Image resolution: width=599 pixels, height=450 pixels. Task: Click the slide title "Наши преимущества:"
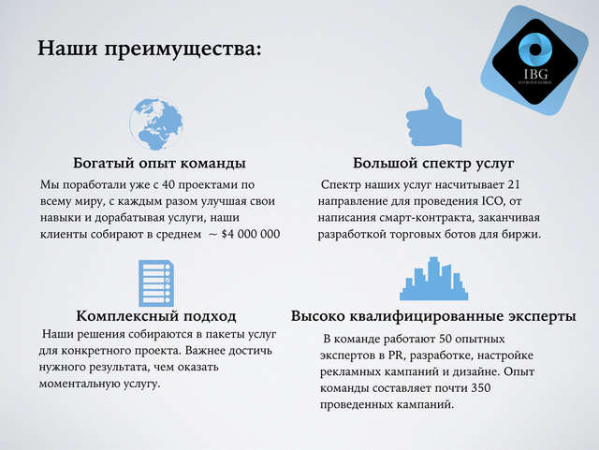150,49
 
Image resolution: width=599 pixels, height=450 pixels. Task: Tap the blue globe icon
156,123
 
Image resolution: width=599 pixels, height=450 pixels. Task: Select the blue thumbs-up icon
433,117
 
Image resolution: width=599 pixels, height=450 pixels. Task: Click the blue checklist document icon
156,283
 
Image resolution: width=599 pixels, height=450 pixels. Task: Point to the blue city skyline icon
433,279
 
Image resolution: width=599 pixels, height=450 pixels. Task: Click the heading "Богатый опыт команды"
159,163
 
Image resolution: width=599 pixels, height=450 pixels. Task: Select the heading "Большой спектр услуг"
433,163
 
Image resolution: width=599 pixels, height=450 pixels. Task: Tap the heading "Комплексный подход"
156,316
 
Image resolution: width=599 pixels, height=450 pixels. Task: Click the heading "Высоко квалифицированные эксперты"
433,316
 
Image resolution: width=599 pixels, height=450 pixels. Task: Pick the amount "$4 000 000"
251,234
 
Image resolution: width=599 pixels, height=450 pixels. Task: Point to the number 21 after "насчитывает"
514,184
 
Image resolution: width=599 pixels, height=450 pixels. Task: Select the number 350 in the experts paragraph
480,388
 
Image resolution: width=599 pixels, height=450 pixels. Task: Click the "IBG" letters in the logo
535,73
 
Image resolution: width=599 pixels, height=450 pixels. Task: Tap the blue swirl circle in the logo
535,50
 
